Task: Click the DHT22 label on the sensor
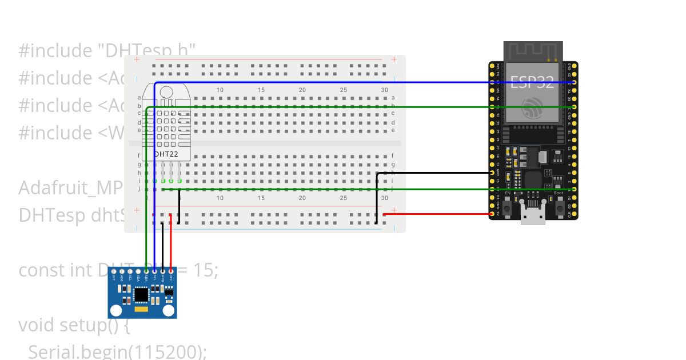tap(167, 154)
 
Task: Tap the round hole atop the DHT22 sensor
tap(167, 92)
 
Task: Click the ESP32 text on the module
tap(532, 82)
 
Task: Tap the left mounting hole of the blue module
tap(116, 310)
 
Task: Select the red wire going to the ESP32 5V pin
tap(437, 215)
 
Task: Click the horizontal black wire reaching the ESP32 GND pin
tap(434, 173)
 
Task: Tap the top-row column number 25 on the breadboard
tap(343, 90)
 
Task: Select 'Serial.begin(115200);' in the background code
tap(117, 352)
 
